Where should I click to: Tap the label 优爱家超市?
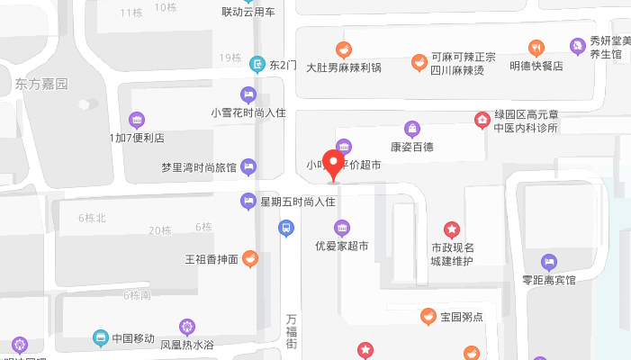(x=341, y=245)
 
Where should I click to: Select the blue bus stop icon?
(x=284, y=229)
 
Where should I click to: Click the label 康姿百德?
(x=411, y=146)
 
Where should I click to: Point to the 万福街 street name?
(x=291, y=332)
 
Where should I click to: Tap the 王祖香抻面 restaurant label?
(x=212, y=259)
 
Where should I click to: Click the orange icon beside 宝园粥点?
(x=428, y=316)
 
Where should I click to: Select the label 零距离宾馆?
(x=548, y=280)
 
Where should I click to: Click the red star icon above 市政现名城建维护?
(x=451, y=229)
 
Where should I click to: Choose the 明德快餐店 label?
(x=536, y=66)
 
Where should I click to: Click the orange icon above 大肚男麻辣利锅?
(x=343, y=49)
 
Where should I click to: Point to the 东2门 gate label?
(x=283, y=65)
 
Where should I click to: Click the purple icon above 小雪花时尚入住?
(x=248, y=94)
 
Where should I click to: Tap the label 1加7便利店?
(x=137, y=139)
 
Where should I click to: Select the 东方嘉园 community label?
(x=41, y=85)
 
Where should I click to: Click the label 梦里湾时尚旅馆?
(x=198, y=167)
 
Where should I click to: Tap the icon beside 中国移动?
(x=101, y=338)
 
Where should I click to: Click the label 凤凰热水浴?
(x=187, y=344)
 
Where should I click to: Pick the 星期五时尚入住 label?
(x=297, y=202)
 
